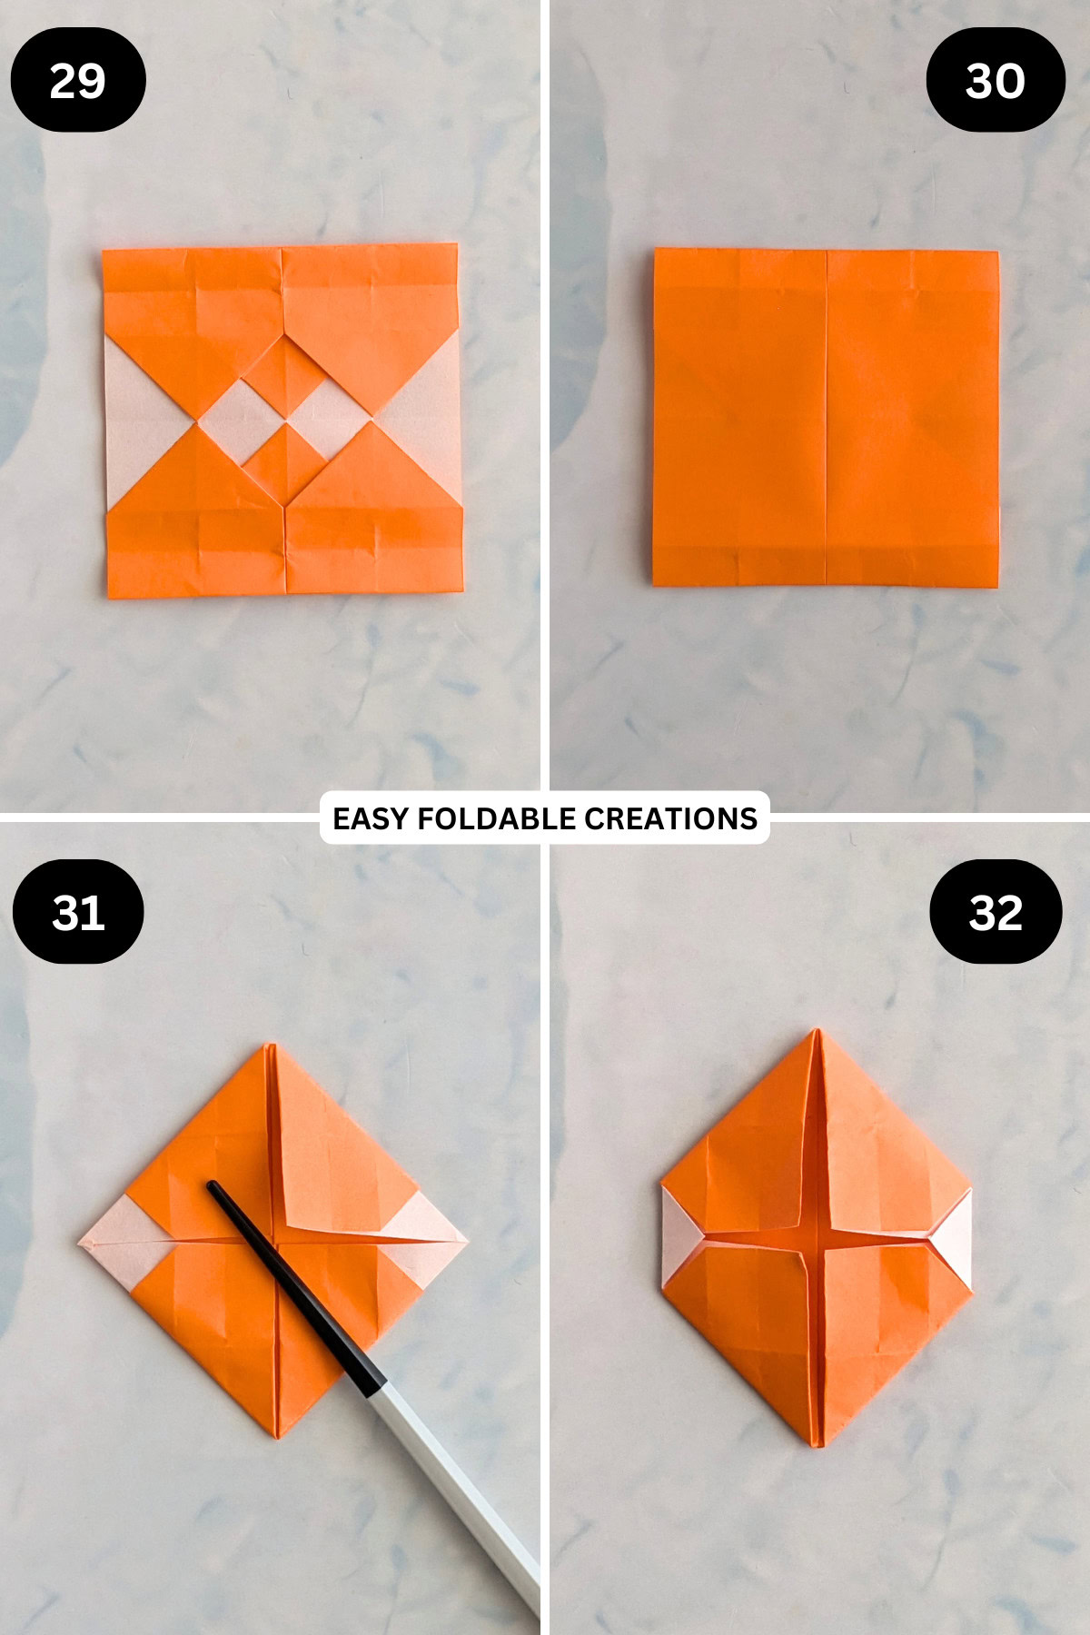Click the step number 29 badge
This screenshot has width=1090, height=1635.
coord(78,80)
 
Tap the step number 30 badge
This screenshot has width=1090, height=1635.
coord(996,80)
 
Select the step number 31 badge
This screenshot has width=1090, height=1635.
coord(78,912)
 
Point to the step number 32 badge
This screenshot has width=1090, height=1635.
coord(996,912)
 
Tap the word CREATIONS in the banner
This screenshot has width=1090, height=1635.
coord(670,818)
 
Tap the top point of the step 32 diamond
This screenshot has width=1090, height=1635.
coord(817,1033)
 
